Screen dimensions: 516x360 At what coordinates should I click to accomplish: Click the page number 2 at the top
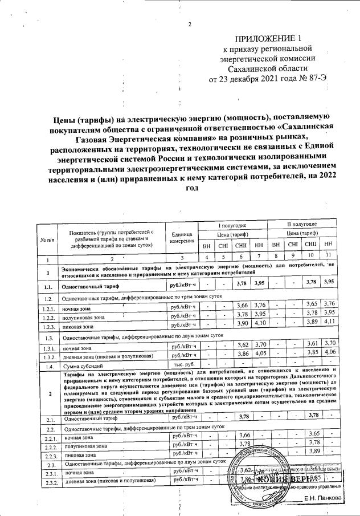click(x=190, y=24)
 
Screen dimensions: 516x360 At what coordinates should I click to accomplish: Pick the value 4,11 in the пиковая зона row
click(x=328, y=324)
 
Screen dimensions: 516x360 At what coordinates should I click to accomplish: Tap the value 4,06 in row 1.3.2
click(x=328, y=354)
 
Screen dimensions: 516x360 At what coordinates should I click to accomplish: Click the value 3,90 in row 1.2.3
click(x=243, y=324)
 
